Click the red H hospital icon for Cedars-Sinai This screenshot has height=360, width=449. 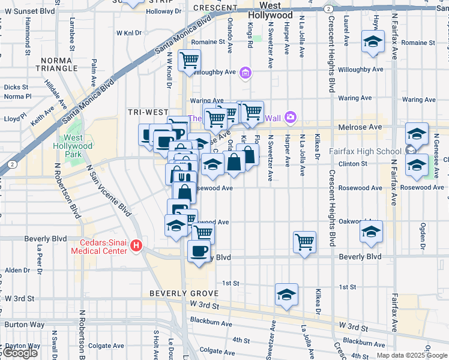tap(136, 246)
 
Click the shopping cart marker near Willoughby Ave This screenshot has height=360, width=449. tap(189, 60)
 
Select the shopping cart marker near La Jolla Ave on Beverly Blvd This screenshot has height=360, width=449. tap(305, 242)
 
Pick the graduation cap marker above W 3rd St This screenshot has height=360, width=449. tap(287, 295)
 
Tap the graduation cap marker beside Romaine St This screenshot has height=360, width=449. tap(373, 42)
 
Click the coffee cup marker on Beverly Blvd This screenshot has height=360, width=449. tap(199, 251)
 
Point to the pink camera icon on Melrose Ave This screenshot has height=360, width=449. tap(291, 116)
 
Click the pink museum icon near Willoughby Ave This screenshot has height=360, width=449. tap(245, 74)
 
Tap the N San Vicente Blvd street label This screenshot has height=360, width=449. tap(108, 191)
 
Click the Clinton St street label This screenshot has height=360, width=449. tap(352, 164)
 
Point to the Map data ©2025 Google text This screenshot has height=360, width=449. tap(412, 355)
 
